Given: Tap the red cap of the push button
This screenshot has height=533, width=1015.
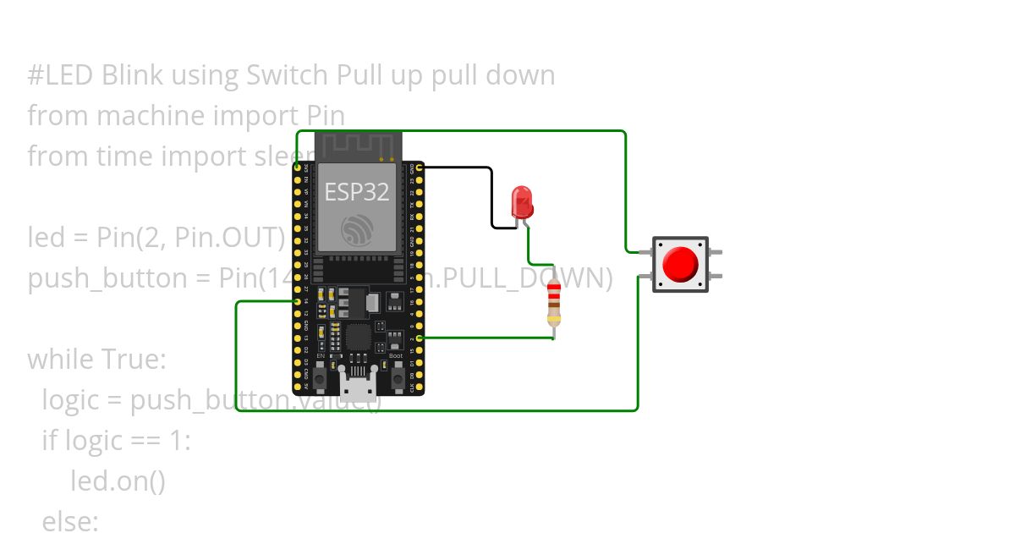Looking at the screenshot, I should coord(680,265).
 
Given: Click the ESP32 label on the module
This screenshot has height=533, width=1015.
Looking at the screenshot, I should coord(357,192).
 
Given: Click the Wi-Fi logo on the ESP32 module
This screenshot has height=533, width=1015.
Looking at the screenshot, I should coord(357,230).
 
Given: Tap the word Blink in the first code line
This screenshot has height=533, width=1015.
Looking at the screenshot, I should coord(133,75).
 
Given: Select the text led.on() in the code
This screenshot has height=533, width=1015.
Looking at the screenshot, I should coord(118,481).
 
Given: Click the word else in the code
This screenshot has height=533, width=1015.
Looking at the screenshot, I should coord(70,521).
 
